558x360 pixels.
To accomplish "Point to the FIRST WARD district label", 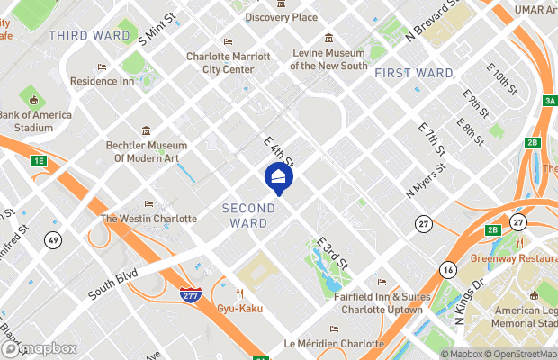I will coord(413,72).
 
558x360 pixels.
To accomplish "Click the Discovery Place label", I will coord(282,17).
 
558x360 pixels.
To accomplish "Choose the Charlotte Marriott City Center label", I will coord(228,61).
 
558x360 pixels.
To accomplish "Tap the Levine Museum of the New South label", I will coord(328,58).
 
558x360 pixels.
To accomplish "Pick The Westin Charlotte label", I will coord(148,219).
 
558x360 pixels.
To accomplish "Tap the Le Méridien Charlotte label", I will coord(334,343).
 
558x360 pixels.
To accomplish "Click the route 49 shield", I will coord(53,239).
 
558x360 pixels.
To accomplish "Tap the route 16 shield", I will coord(447,269).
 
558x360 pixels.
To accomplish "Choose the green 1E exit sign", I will coord(38,161).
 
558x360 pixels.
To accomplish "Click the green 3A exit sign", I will coord(550,100).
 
